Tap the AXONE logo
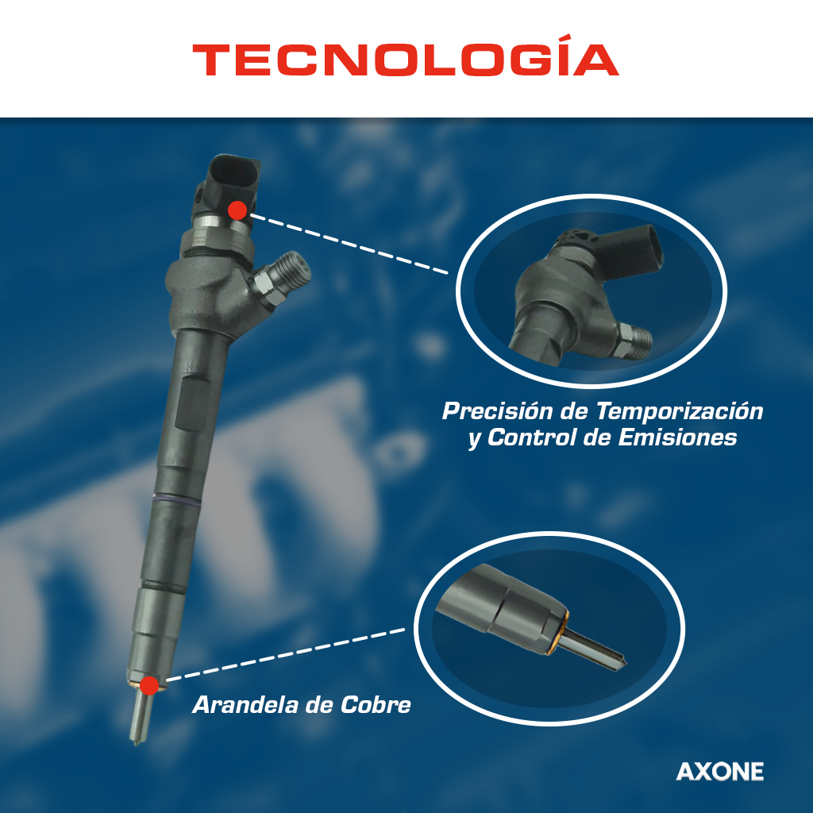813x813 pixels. click(x=719, y=772)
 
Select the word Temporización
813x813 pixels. click(x=680, y=411)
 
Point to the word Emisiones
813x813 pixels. click(x=677, y=437)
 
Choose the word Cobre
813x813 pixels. click(x=376, y=705)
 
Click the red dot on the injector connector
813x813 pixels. click(x=237, y=210)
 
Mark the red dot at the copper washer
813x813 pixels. click(x=149, y=685)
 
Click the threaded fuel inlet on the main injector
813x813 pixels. click(x=283, y=275)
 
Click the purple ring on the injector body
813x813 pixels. click(x=175, y=500)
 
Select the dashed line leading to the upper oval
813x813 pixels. click(x=349, y=243)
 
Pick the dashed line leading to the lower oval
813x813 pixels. click(x=286, y=654)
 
